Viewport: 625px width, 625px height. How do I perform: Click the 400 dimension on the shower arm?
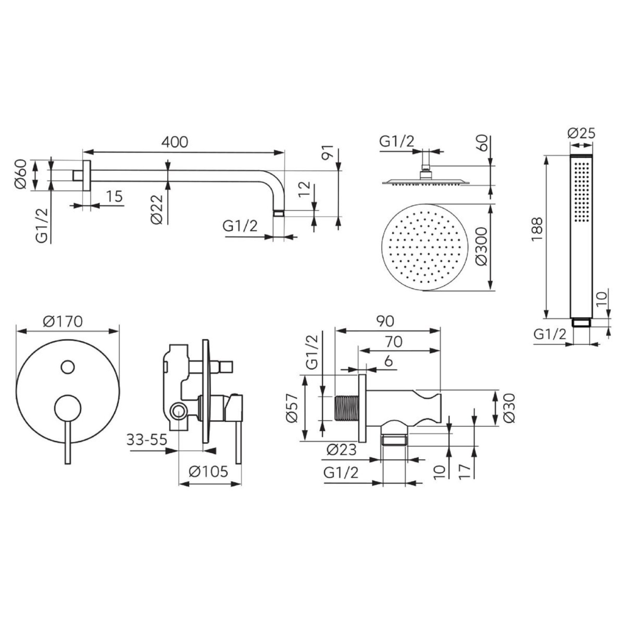(x=175, y=142)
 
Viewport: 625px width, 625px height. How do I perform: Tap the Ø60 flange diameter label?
(x=21, y=174)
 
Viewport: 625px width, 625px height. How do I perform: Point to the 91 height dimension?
(x=327, y=152)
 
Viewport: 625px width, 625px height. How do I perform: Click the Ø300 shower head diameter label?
(x=482, y=246)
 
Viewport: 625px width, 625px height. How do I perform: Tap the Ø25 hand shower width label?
(x=581, y=134)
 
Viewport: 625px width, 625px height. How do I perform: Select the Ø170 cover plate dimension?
(x=63, y=321)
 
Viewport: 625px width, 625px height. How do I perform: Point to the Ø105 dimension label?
(x=208, y=472)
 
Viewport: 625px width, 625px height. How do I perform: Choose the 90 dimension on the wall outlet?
(x=385, y=321)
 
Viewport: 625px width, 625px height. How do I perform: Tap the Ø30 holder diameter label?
(x=509, y=408)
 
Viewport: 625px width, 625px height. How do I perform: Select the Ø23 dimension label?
(x=341, y=450)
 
